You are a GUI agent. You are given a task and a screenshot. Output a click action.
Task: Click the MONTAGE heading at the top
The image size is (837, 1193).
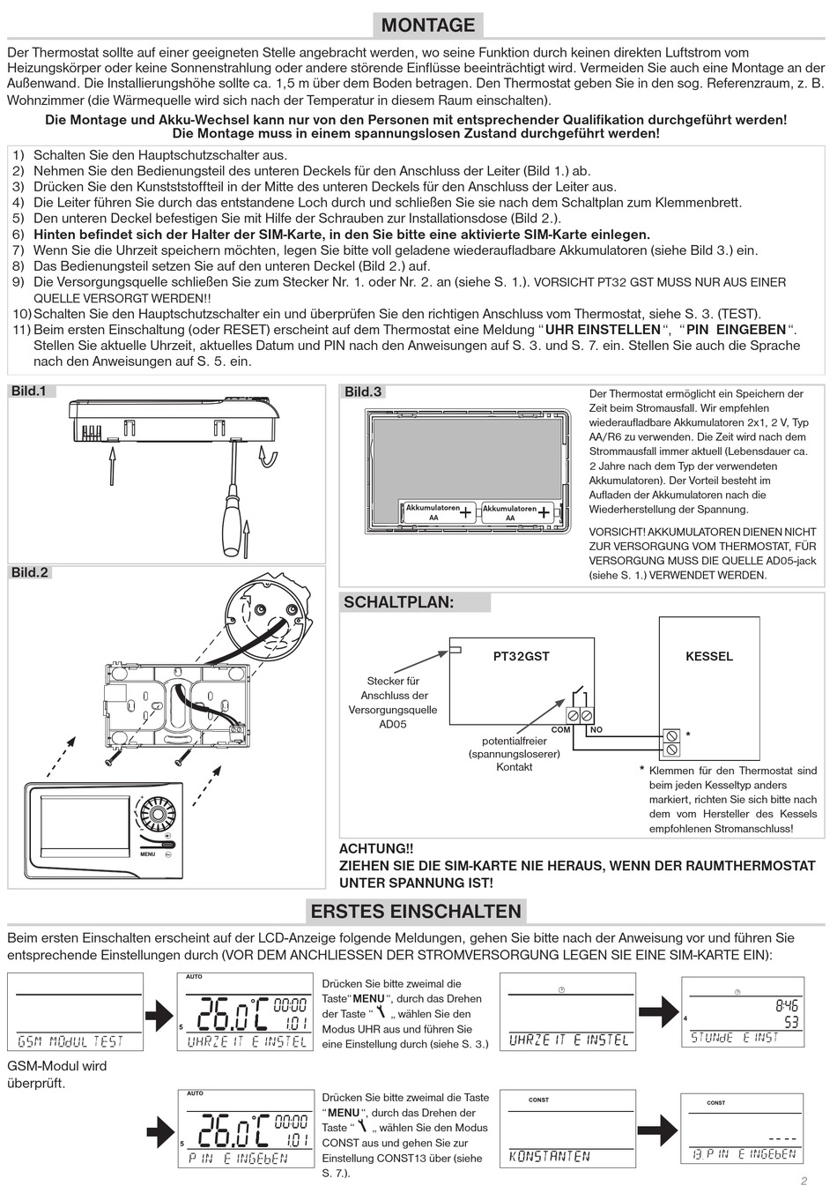pyautogui.click(x=428, y=25)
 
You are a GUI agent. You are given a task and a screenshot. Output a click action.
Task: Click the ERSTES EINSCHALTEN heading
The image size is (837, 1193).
pyautogui.click(x=416, y=911)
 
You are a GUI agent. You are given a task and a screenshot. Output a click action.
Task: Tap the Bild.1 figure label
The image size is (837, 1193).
pyautogui.click(x=29, y=391)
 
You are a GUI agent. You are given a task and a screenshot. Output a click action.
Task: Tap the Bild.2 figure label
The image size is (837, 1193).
pyautogui.click(x=30, y=573)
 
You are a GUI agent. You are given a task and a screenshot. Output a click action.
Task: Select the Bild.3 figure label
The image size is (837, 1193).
pyautogui.click(x=363, y=391)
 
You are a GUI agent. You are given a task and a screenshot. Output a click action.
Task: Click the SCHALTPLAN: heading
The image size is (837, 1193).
pyautogui.click(x=398, y=602)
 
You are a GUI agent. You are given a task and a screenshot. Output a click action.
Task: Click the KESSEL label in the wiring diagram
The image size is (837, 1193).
pyautogui.click(x=708, y=656)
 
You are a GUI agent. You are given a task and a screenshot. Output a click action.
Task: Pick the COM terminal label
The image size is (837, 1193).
pyautogui.click(x=560, y=730)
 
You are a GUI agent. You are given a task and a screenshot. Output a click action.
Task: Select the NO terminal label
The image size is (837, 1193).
pyautogui.click(x=596, y=730)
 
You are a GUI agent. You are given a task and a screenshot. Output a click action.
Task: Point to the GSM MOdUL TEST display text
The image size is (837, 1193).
pyautogui.click(x=71, y=1041)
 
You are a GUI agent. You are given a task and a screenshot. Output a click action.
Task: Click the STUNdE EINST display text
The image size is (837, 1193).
pyautogui.click(x=735, y=1038)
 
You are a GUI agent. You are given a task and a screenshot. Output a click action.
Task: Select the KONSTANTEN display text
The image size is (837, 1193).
pyautogui.click(x=550, y=1156)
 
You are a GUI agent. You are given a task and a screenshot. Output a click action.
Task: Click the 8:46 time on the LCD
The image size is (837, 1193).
pyautogui.click(x=786, y=1004)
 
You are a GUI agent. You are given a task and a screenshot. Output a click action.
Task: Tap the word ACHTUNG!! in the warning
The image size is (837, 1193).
pyautogui.click(x=376, y=848)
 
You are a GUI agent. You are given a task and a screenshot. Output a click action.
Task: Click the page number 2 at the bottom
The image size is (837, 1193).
pyautogui.click(x=804, y=1182)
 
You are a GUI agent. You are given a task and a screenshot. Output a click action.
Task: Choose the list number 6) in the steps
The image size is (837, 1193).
pyautogui.click(x=19, y=235)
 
